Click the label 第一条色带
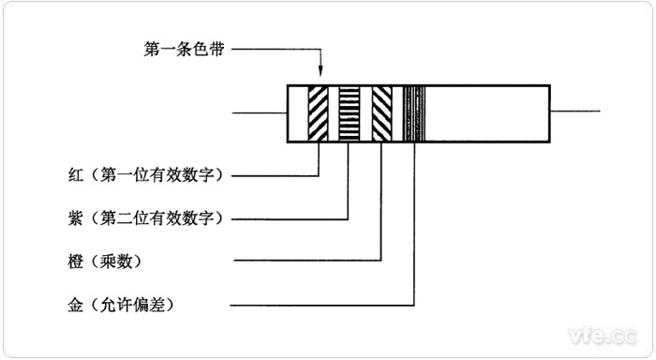coord(184,49)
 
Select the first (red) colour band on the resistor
coord(320,114)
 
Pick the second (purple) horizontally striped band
coord(350,114)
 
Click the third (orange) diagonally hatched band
coord(380,114)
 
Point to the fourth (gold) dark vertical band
coord(413,114)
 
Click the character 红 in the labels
coord(65,174)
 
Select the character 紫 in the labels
coord(65,218)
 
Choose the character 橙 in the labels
coord(65,261)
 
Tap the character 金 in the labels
coord(65,305)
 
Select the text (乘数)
coord(111,261)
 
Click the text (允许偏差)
coord(130,305)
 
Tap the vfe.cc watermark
coord(600,333)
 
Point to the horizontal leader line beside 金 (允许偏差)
coord(319,305)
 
